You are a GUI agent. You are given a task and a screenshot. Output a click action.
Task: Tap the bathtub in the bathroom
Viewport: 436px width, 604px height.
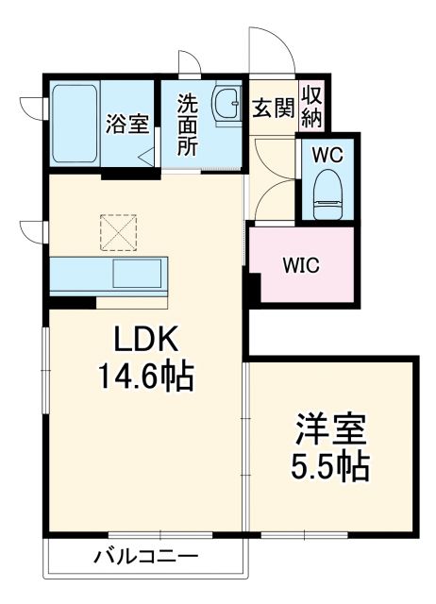click(74, 123)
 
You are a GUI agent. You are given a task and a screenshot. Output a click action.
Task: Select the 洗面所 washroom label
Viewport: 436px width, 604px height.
click(187, 123)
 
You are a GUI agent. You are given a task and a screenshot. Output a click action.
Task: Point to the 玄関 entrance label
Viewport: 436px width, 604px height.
click(272, 107)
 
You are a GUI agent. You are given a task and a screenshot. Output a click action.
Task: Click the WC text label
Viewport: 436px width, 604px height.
click(327, 152)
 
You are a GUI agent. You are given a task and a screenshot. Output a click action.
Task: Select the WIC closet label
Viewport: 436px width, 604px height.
click(303, 265)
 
